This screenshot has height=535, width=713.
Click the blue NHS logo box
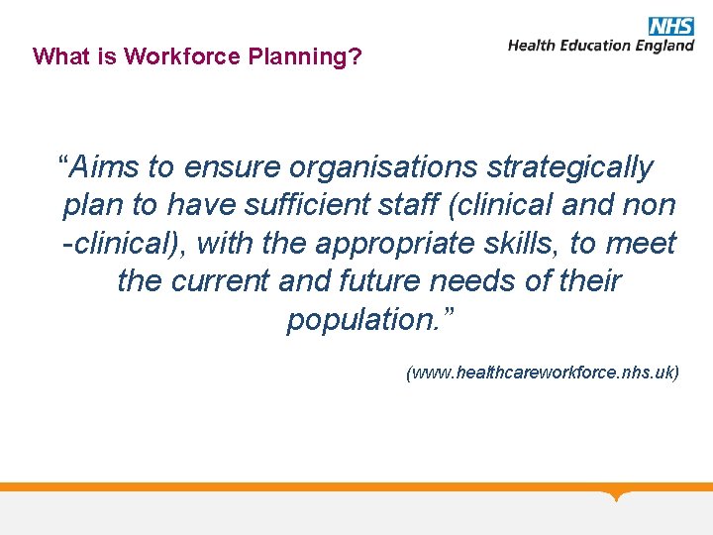pos(670,26)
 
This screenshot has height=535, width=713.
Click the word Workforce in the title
pos(175,56)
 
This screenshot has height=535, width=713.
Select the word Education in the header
pos(593,46)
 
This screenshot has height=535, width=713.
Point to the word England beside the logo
pos(663,46)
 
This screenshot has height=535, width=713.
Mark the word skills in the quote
pos(522,243)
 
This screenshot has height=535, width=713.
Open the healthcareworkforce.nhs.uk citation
pos(543,374)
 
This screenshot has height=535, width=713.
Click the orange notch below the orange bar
pos(617,495)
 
